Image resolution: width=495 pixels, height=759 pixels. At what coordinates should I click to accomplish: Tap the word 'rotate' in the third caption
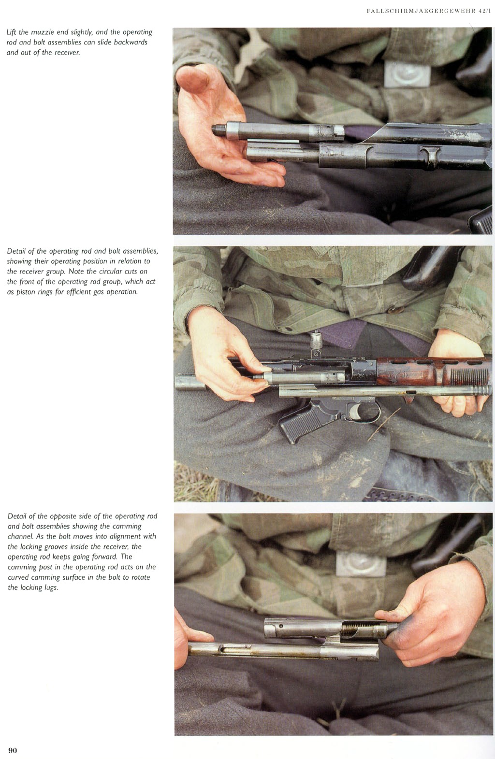point(140,577)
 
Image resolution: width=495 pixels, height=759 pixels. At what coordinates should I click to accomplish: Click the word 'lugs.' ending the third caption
point(51,587)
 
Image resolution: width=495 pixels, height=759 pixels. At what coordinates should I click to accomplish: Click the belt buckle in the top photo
point(408,74)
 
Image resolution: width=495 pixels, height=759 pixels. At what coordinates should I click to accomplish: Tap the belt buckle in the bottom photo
point(361,563)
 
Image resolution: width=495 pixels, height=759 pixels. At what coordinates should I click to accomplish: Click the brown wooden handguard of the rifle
point(434,372)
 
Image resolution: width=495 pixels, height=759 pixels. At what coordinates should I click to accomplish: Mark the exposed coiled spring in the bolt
point(354,629)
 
